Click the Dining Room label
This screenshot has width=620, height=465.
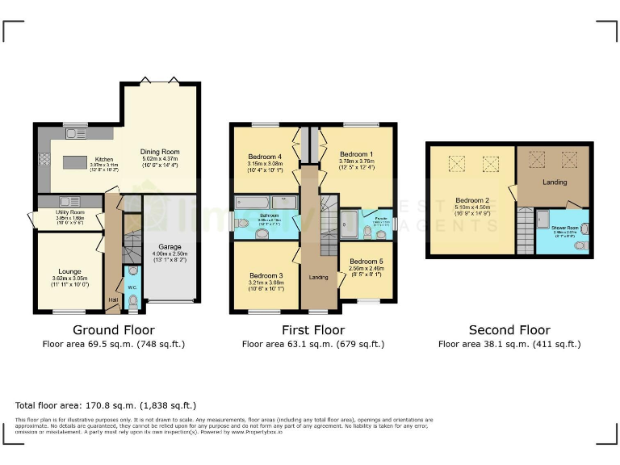[159, 151]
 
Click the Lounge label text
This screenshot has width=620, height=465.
[69, 271]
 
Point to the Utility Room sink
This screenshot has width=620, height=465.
[69, 201]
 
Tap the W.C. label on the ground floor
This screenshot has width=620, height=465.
[132, 287]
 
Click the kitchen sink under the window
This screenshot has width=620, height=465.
[77, 133]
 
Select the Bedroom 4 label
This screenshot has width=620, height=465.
[265, 157]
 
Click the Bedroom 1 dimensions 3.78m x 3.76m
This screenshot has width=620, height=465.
[355, 161]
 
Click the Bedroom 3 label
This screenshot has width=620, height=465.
[266, 276]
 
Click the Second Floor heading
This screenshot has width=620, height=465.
[509, 330]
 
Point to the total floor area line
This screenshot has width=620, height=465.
[105, 405]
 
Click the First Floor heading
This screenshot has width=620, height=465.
[312, 330]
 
